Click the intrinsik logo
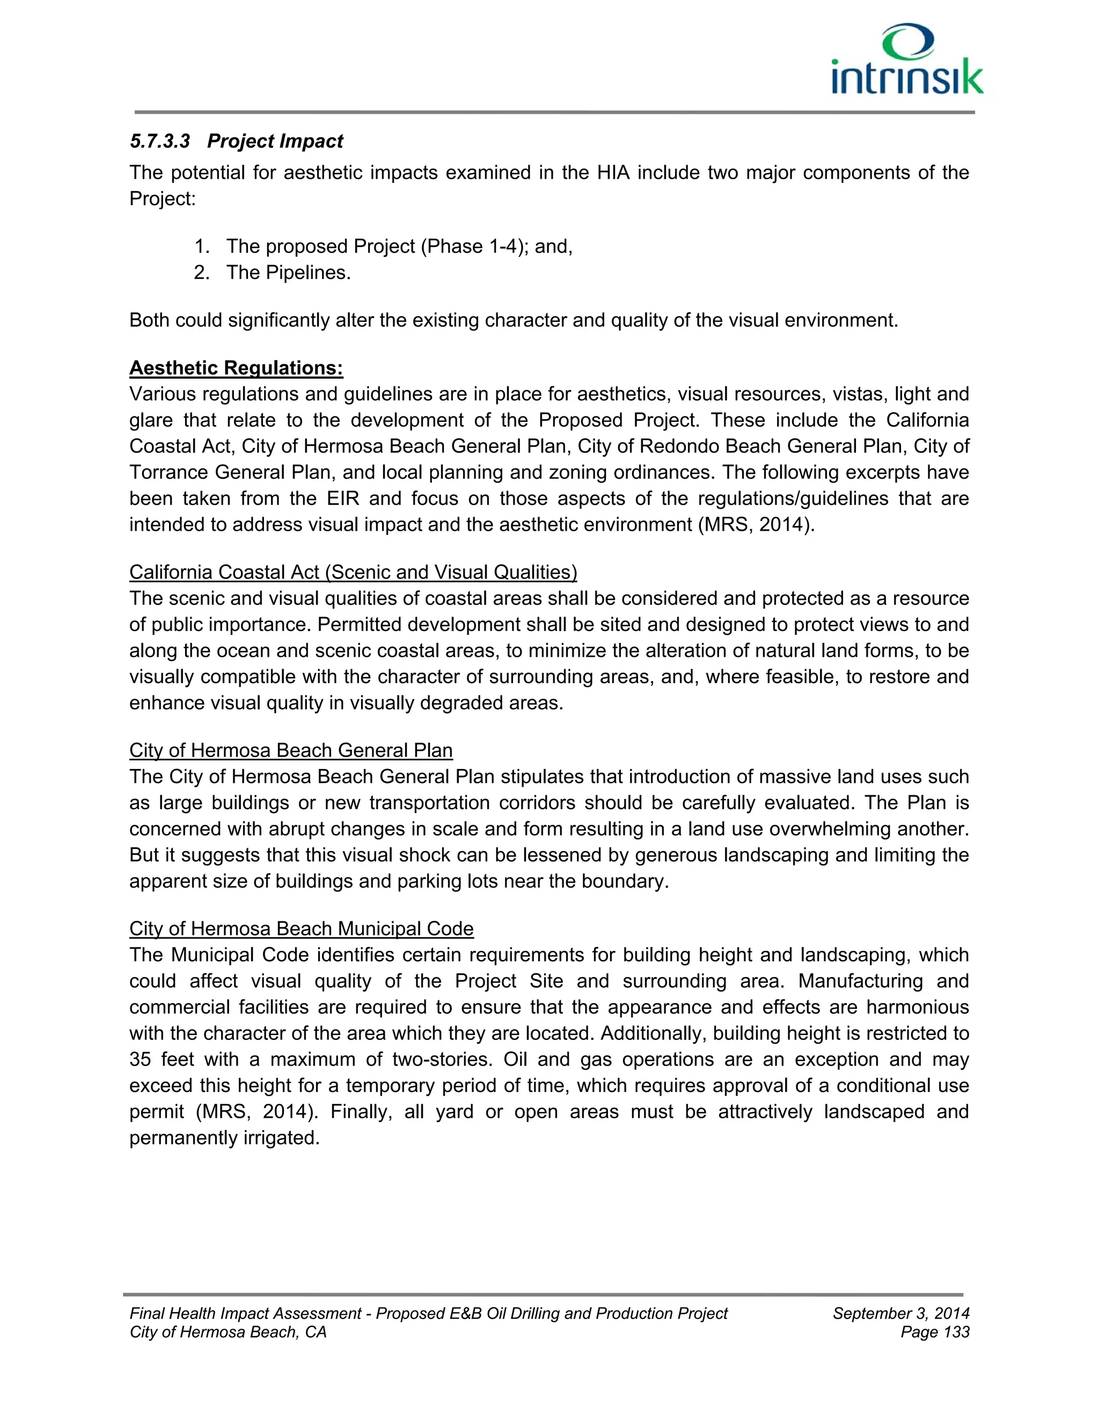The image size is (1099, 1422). [907, 60]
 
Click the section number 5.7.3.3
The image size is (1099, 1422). [159, 141]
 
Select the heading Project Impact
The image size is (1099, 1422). [275, 141]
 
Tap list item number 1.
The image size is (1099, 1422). [202, 247]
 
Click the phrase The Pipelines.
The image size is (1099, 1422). [288, 273]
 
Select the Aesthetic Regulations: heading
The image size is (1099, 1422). [236, 369]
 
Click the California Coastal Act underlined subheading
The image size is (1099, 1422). [353, 573]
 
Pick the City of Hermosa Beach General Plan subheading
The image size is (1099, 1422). [290, 751]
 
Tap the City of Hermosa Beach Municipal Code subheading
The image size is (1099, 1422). [301, 929]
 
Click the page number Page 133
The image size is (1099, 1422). [935, 1332]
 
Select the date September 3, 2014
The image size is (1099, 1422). [900, 1313]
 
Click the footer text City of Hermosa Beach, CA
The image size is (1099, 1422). [228, 1332]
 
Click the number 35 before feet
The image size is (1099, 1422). [140, 1060]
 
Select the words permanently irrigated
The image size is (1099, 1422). [224, 1138]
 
